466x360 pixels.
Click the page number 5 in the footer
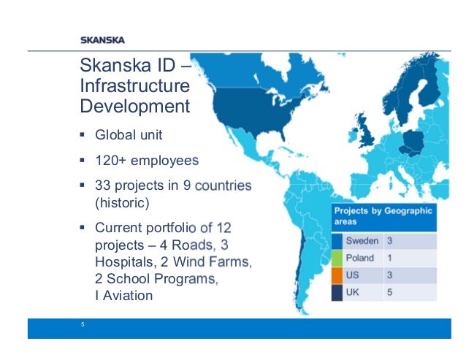coord(83,326)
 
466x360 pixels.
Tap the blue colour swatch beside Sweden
coord(337,240)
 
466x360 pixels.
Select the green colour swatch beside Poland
coord(337,258)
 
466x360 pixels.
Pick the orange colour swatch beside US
coord(337,275)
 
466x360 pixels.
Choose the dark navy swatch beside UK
coord(337,292)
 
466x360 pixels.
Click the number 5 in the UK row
coord(391,292)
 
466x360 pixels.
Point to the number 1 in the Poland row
coord(390,258)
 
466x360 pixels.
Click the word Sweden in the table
coord(362,240)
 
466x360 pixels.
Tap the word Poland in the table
coord(360,258)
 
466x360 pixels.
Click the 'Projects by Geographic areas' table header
coord(383,216)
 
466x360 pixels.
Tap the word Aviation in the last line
coord(128,296)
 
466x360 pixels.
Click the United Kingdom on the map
coord(367,134)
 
